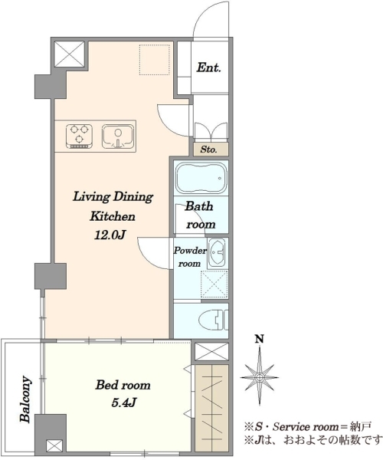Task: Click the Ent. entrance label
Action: tap(208, 67)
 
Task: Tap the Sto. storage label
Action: tap(208, 149)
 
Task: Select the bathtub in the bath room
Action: tap(201, 178)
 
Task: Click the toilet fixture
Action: tap(214, 320)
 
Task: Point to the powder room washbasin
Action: tap(217, 253)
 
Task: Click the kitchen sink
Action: tap(118, 136)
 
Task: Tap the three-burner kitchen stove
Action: tap(80, 136)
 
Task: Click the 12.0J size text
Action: tap(110, 235)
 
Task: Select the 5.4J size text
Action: tap(123, 403)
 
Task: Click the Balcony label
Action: tap(25, 399)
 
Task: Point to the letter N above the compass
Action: tap(260, 339)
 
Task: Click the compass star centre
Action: tap(260, 377)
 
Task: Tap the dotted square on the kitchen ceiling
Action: tap(155, 60)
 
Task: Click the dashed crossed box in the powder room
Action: tap(214, 284)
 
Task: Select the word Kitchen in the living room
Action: tap(113, 216)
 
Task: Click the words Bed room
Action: tap(123, 385)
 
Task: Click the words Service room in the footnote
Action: tap(306, 427)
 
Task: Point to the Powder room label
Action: tap(190, 257)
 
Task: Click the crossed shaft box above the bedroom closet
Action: tap(211, 351)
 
